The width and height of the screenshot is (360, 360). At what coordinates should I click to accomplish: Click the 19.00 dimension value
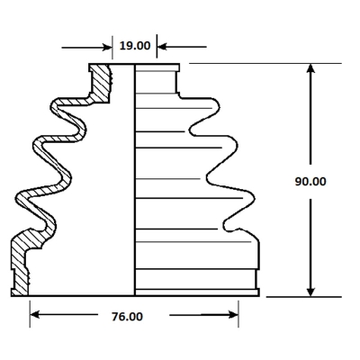[135, 46]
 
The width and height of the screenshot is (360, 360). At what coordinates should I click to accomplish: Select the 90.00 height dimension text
[310, 182]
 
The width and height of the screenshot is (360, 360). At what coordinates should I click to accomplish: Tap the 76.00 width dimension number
[127, 317]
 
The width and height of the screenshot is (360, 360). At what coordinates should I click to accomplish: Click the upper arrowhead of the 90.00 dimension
[310, 68]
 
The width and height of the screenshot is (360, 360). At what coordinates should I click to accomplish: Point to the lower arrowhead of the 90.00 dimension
[310, 292]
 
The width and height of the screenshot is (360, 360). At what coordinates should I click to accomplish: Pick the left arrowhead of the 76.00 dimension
[35, 315]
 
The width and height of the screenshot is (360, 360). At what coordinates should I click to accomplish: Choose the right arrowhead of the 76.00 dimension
[233, 315]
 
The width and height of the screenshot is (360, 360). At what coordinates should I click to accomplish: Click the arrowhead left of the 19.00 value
[108, 47]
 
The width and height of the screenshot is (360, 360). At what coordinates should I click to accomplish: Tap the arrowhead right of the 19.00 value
[161, 47]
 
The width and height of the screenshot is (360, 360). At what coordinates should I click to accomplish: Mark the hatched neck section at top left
[100, 83]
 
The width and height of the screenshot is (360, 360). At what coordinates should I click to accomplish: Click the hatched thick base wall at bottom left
[21, 264]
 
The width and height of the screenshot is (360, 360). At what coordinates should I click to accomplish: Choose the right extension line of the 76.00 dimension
[238, 314]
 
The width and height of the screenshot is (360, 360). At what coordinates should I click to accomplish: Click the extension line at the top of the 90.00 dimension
[265, 63]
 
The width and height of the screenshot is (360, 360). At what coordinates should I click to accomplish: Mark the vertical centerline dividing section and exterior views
[134, 180]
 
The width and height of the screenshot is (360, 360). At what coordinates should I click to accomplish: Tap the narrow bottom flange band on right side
[197, 292]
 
